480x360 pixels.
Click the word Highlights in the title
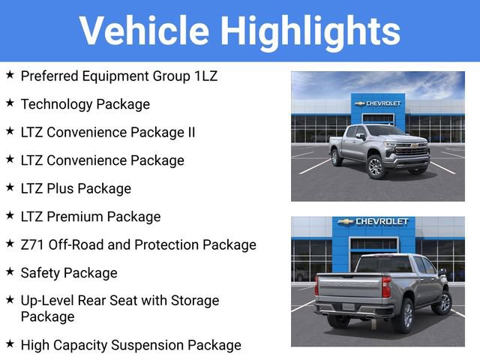coord(309,31)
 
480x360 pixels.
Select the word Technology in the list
coord(55,104)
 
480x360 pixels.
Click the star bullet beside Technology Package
coord(10,103)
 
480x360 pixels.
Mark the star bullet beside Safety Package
coord(10,271)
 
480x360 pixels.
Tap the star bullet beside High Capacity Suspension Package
coord(10,343)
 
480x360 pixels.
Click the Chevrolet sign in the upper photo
coord(378,103)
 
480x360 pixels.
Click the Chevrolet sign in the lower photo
coord(373,222)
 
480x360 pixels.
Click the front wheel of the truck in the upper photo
coord(375,167)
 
